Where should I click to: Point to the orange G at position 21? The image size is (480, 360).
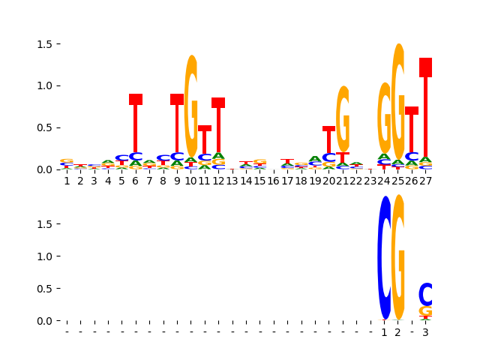coord(343,118)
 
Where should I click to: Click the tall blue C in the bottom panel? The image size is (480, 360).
coord(385,258)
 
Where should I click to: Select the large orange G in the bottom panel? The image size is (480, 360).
coord(398,258)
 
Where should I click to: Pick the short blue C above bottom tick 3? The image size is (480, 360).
coord(425,294)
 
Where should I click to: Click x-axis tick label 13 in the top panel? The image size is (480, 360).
coord(232,181)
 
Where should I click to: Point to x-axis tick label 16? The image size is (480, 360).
coord(274,181)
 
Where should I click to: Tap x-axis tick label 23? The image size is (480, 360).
coord(370,181)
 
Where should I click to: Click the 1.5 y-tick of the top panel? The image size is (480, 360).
coord(46,44)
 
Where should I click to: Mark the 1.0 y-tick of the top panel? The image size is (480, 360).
coord(46,85)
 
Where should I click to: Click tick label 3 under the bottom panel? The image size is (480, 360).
coord(425,332)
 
